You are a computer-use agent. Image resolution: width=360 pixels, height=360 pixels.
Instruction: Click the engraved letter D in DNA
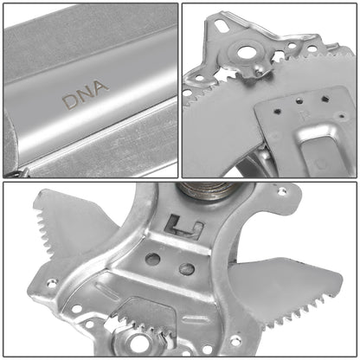coord(68,102)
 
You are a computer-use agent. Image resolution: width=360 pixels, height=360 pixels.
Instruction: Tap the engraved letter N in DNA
coord(86,98)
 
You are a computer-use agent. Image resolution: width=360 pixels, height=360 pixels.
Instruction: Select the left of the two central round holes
coord(153,259)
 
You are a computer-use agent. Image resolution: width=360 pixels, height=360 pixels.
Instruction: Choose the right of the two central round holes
coord(186,269)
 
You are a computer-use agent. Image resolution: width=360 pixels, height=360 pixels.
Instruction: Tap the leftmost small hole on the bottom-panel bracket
coord(51,281)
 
